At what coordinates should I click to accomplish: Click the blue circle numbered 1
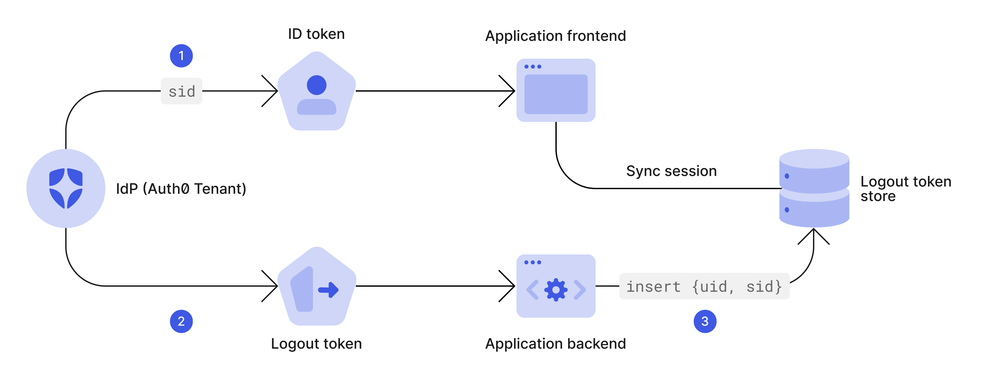tap(181, 56)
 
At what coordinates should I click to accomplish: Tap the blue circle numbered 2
tap(181, 321)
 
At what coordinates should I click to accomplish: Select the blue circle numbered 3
tap(705, 321)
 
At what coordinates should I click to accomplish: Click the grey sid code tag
tap(181, 91)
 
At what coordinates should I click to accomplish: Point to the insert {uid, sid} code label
tap(704, 286)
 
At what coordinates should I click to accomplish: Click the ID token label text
tap(316, 34)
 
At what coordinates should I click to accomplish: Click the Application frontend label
tap(555, 36)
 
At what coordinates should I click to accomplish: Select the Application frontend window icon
tap(556, 90)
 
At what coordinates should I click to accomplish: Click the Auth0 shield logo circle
tap(66, 188)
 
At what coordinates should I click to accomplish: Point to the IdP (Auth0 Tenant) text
tap(181, 189)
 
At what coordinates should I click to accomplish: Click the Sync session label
tap(671, 171)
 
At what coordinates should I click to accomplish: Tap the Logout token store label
tap(906, 189)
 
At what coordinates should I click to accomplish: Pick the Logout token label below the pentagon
tap(316, 344)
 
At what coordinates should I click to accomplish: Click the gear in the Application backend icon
tap(556, 290)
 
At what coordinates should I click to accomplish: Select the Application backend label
tap(555, 344)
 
